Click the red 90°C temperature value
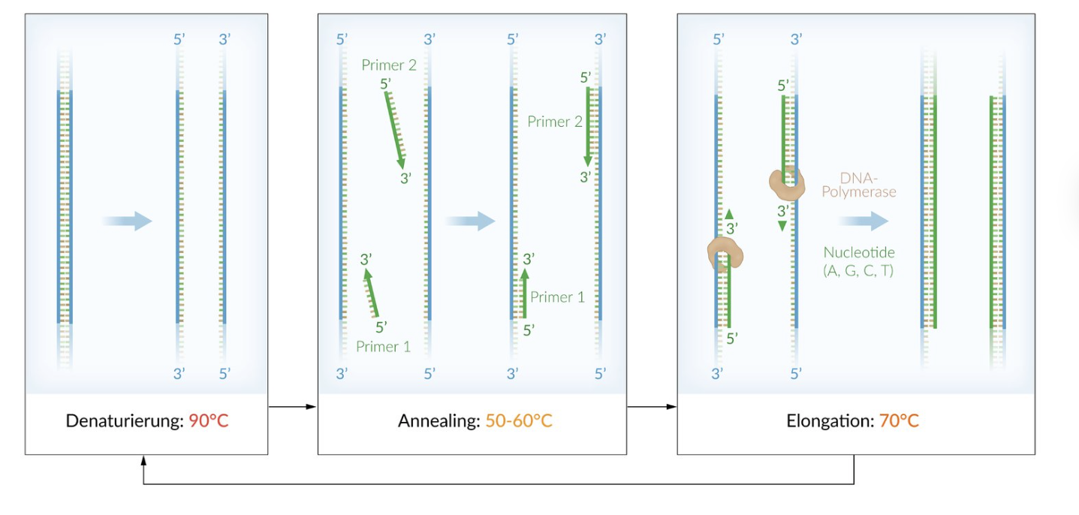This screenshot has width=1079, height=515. [x=208, y=420]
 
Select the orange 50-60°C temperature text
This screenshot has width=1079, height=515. [x=518, y=420]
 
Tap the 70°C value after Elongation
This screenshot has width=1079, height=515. [x=899, y=420]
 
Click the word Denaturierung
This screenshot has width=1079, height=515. [x=125, y=421]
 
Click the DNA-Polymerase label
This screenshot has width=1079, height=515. [x=859, y=185]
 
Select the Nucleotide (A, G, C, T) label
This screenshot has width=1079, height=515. [x=859, y=261]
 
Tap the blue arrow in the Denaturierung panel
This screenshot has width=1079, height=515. [x=127, y=221]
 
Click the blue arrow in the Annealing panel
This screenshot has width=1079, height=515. [x=469, y=221]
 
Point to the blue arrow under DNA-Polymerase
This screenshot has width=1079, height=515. [x=864, y=221]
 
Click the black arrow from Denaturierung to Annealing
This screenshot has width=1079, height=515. [x=292, y=407]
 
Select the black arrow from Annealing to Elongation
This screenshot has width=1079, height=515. [x=652, y=407]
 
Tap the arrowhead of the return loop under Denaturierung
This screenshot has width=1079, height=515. [x=143, y=459]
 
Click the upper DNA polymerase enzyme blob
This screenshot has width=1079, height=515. [x=787, y=183]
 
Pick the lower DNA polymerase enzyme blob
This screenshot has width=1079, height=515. [x=725, y=254]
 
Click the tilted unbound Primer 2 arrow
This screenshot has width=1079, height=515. [x=395, y=130]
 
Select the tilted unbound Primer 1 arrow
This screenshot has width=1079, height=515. [x=371, y=293]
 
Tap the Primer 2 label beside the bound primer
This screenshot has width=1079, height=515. [x=554, y=122]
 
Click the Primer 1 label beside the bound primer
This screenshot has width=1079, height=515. [x=557, y=297]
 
